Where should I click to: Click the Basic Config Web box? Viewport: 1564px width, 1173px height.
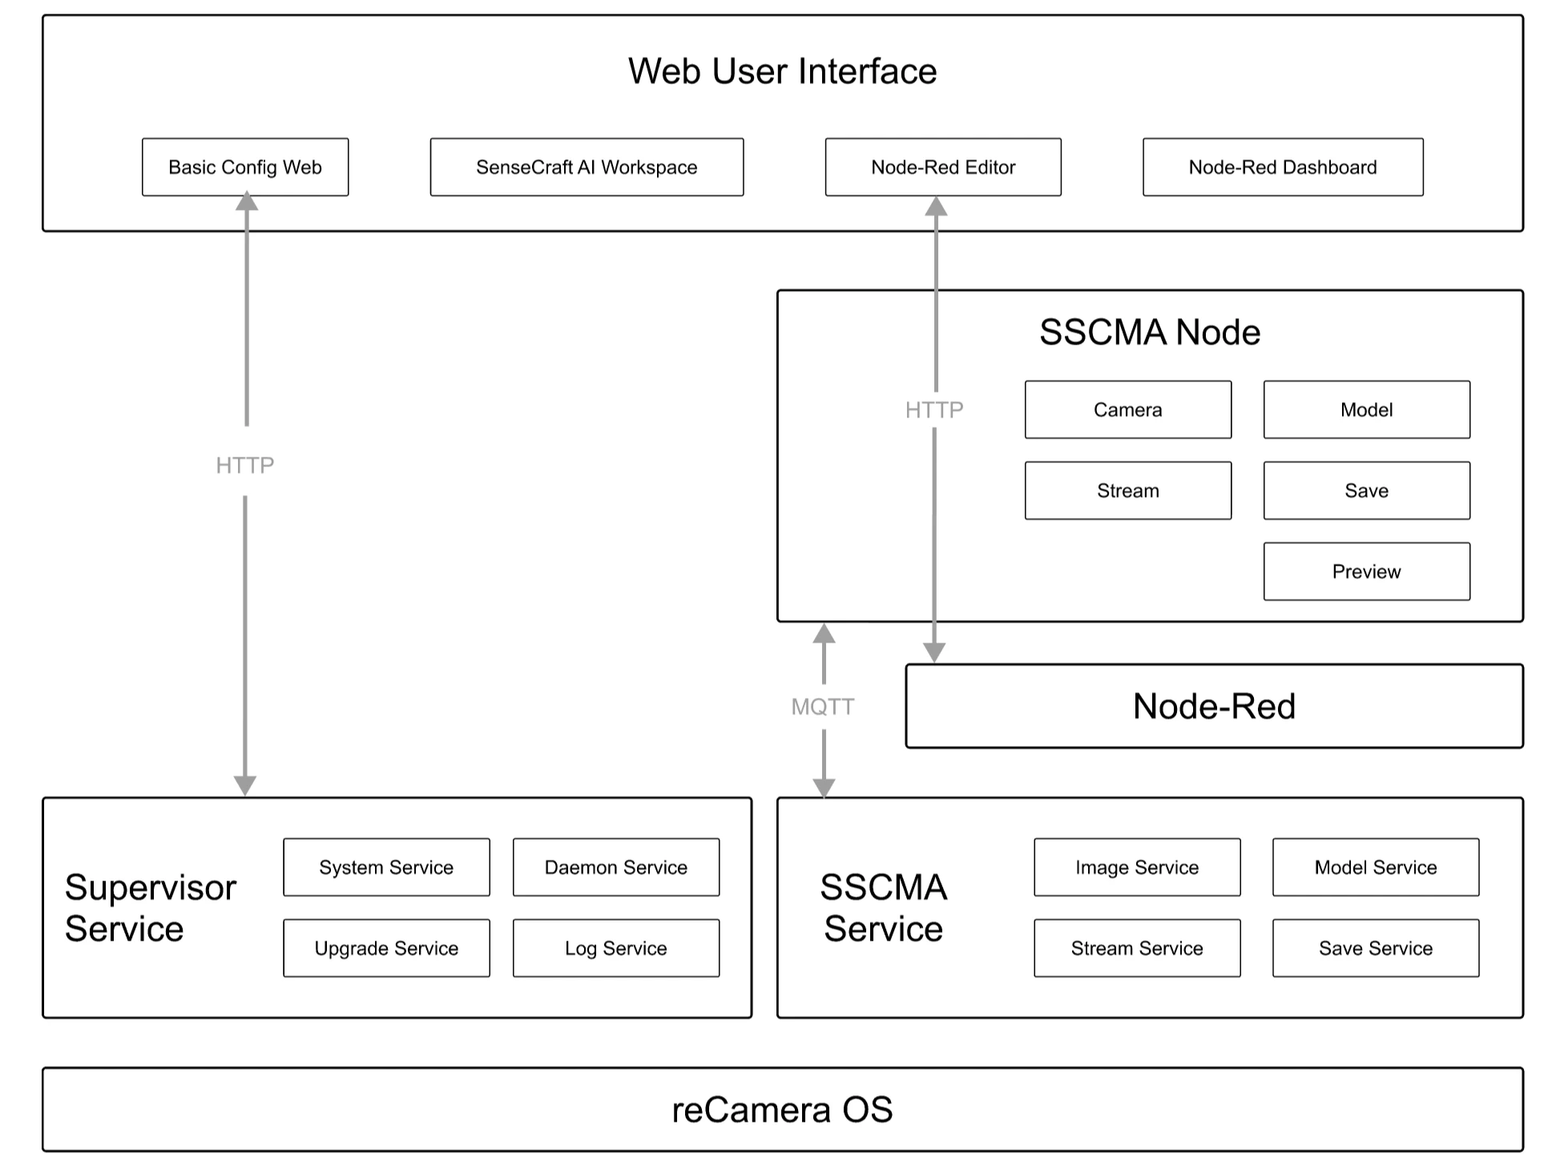pyautogui.click(x=245, y=167)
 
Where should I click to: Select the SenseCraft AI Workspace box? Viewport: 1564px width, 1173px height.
pyautogui.click(x=586, y=167)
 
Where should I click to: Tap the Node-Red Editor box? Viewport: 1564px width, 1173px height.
pyautogui.click(x=943, y=167)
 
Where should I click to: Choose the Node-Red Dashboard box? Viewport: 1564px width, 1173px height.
pyautogui.click(x=1283, y=167)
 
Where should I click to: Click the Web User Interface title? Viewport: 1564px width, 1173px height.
pyautogui.click(x=782, y=71)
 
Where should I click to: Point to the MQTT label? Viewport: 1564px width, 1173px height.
pyautogui.click(x=823, y=707)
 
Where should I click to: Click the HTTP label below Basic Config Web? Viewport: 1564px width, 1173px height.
pyautogui.click(x=245, y=465)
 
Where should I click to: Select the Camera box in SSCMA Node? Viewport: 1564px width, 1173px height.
pyautogui.click(x=1127, y=409)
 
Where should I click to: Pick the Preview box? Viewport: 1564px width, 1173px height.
pyautogui.click(x=1366, y=571)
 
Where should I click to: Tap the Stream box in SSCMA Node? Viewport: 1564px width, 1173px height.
pyautogui.click(x=1127, y=490)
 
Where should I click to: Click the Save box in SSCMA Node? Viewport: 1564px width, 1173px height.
pyautogui.click(x=1366, y=490)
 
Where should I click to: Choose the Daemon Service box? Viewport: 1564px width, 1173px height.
pyautogui.click(x=615, y=867)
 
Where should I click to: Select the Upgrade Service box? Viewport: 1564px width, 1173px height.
pyautogui.click(x=386, y=948)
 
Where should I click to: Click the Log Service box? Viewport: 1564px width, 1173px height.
pyautogui.click(x=615, y=948)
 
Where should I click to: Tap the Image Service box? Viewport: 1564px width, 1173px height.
pyautogui.click(x=1136, y=867)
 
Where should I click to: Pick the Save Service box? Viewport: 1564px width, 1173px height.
pyautogui.click(x=1375, y=948)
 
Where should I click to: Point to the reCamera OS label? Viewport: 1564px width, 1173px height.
pyautogui.click(x=782, y=1110)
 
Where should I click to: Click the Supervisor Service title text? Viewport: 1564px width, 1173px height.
pyautogui.click(x=150, y=908)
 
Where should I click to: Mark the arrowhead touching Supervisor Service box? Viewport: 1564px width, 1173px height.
pyautogui.click(x=245, y=785)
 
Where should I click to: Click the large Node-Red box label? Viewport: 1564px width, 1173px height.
pyautogui.click(x=1214, y=706)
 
